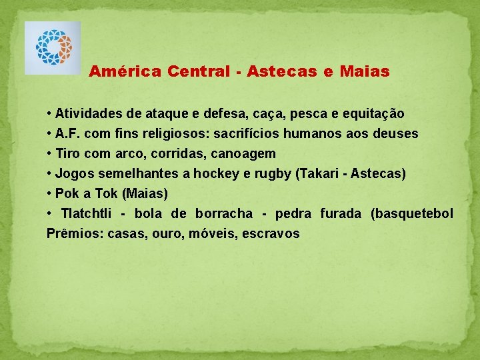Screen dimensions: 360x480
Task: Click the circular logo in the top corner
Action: coord(53,48)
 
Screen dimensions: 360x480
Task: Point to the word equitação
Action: coord(374,113)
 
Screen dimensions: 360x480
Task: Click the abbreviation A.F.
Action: coord(69,133)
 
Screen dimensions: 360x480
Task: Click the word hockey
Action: coord(210,174)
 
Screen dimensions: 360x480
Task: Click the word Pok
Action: coord(67,194)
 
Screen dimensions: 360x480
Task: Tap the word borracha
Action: coord(224,214)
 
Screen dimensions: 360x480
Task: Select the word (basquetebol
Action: coord(412,214)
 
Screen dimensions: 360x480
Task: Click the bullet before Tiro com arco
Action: coord(49,154)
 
